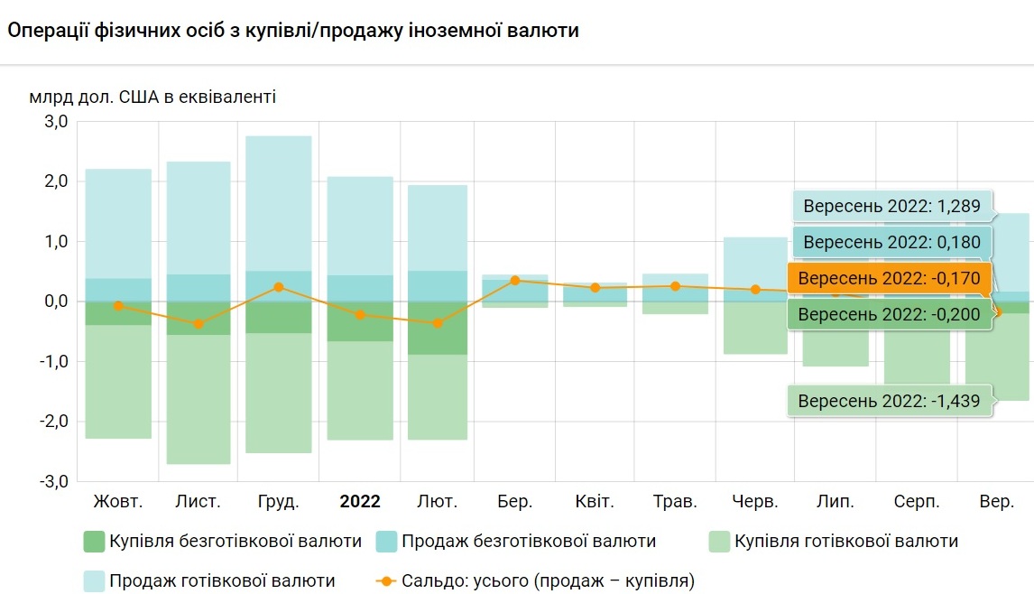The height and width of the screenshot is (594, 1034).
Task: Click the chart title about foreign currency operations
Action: pos(293,30)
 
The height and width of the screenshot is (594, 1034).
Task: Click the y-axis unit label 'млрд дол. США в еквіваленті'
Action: pos(152,97)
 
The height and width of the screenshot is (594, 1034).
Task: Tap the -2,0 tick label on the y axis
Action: pos(53,422)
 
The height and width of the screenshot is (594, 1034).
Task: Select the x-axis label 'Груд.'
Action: pos(278,501)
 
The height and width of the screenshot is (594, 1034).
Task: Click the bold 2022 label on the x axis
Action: pos(359,501)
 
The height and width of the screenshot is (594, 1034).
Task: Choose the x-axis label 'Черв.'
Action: pos(756,501)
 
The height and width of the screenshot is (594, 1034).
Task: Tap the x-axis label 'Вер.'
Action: pos(996,501)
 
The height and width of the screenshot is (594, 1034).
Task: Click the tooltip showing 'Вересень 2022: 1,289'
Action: pos(891,205)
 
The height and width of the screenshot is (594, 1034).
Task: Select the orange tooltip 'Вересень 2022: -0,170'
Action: pos(889,278)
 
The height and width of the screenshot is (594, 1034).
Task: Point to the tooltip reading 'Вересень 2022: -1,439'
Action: pos(889,401)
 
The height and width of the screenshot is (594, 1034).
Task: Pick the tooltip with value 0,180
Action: pos(891,242)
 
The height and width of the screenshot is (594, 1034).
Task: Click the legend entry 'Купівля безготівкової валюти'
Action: pos(235,542)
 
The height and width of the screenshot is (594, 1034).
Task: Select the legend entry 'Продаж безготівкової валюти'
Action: pos(528,542)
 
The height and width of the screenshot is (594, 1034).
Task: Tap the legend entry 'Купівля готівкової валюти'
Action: pos(845,542)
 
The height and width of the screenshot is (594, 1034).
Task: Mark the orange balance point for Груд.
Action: pos(279,287)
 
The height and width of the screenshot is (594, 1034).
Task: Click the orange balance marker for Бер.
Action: pos(515,281)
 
